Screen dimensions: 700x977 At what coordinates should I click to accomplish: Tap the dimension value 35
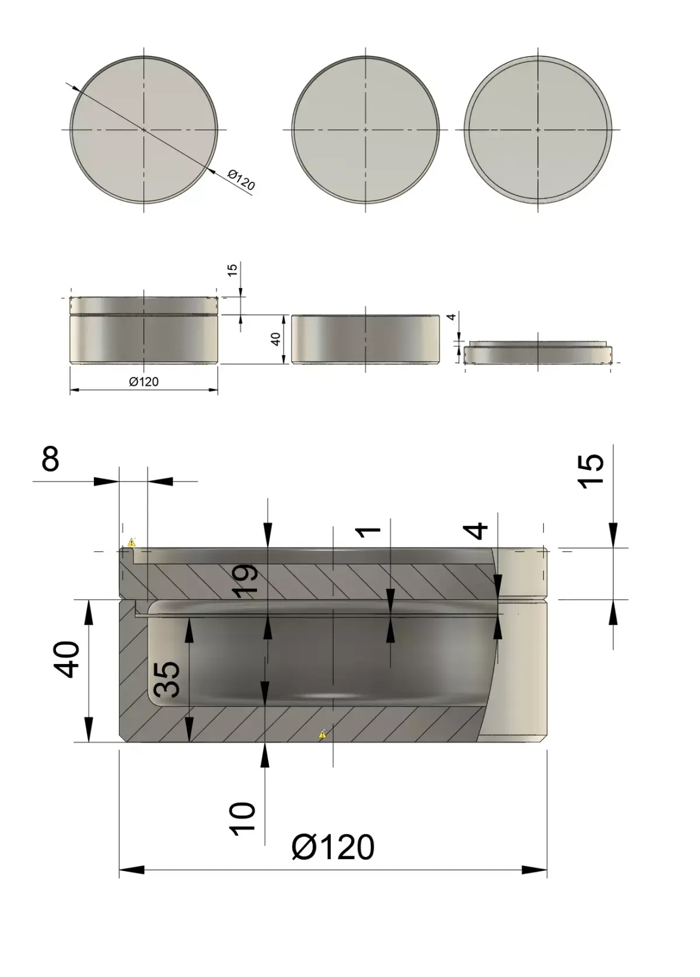pyautogui.click(x=167, y=679)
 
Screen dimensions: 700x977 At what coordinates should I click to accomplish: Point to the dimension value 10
pyautogui.click(x=243, y=818)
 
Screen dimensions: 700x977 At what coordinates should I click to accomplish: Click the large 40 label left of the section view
pyautogui.click(x=68, y=659)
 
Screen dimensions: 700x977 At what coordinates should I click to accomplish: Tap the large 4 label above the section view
pyautogui.click(x=479, y=530)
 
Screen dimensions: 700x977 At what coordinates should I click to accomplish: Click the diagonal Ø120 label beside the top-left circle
pyautogui.click(x=241, y=181)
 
